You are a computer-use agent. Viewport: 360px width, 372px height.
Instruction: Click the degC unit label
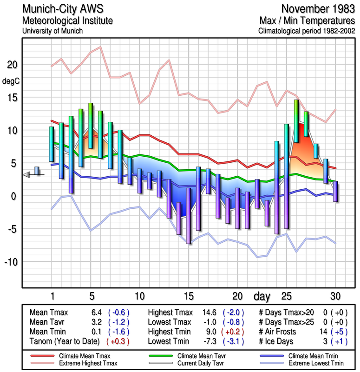point(11,81)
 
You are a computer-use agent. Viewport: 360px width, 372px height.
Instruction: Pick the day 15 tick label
point(188,296)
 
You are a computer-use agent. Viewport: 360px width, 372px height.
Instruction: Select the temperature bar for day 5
point(91,126)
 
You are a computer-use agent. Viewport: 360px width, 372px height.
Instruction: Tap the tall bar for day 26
point(296,121)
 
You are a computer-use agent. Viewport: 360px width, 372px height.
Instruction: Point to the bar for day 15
point(189,215)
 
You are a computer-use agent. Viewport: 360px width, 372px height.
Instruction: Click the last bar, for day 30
point(335,191)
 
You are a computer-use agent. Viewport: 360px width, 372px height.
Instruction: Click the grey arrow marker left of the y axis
point(26,174)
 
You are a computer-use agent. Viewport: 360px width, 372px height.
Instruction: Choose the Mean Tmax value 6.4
point(97,312)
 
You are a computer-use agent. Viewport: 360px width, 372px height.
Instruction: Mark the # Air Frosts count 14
point(325,332)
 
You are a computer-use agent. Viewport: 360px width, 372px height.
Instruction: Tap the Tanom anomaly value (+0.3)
point(118,341)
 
